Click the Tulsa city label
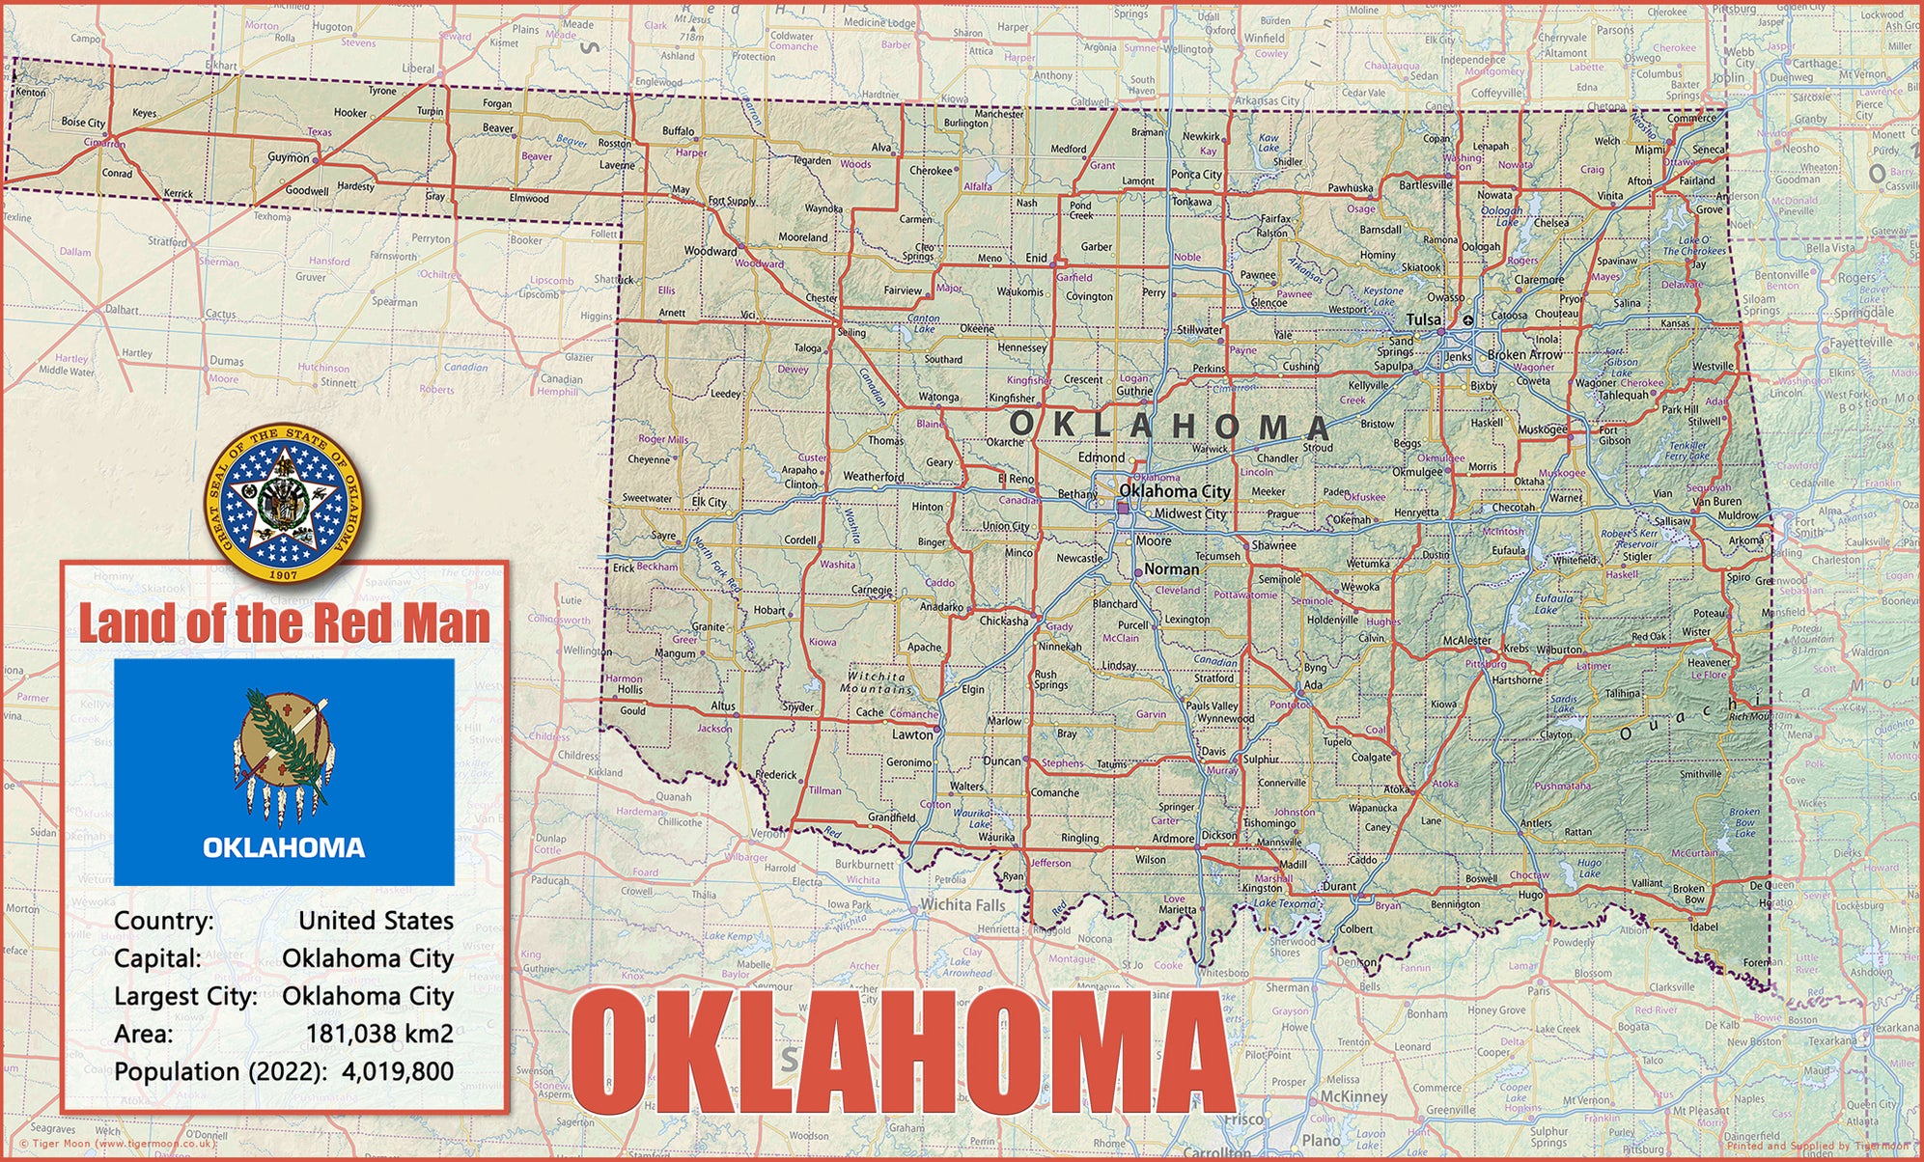click(x=1424, y=319)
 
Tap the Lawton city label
click(x=912, y=734)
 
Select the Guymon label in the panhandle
click(x=289, y=157)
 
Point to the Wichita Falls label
click(x=962, y=904)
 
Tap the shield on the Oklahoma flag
click(x=284, y=738)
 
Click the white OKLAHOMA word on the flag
click(x=284, y=847)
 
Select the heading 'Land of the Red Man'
click(x=284, y=622)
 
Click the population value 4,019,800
click(x=397, y=1071)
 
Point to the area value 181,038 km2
click(x=379, y=1034)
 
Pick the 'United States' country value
click(x=376, y=920)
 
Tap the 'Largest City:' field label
click(x=185, y=996)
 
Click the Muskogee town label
click(x=1543, y=429)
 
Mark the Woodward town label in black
click(x=711, y=251)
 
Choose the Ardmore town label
click(x=1173, y=838)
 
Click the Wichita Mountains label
click(x=877, y=682)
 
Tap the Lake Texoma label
click(x=1285, y=903)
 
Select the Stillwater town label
click(x=1199, y=329)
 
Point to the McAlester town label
click(x=1466, y=640)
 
